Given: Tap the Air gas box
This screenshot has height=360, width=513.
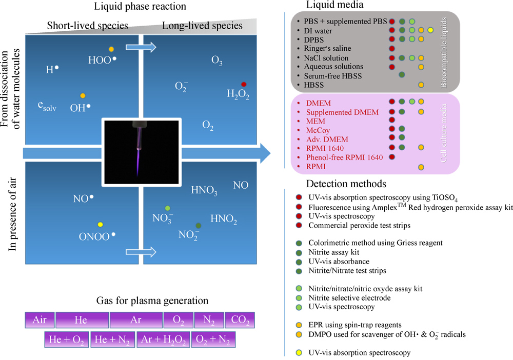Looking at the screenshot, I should (39, 321).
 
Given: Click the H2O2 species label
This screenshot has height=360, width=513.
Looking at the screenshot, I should (238, 94).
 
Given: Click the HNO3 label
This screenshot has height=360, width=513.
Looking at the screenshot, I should (204, 192).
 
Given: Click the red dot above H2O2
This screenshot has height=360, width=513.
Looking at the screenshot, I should (244, 84).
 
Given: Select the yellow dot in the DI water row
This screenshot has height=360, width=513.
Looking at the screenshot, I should (430, 31).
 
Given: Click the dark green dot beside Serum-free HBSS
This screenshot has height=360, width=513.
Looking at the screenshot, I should (402, 75).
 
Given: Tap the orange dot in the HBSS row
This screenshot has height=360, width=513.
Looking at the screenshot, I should (421, 84).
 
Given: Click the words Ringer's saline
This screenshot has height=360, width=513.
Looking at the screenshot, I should (328, 49).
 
